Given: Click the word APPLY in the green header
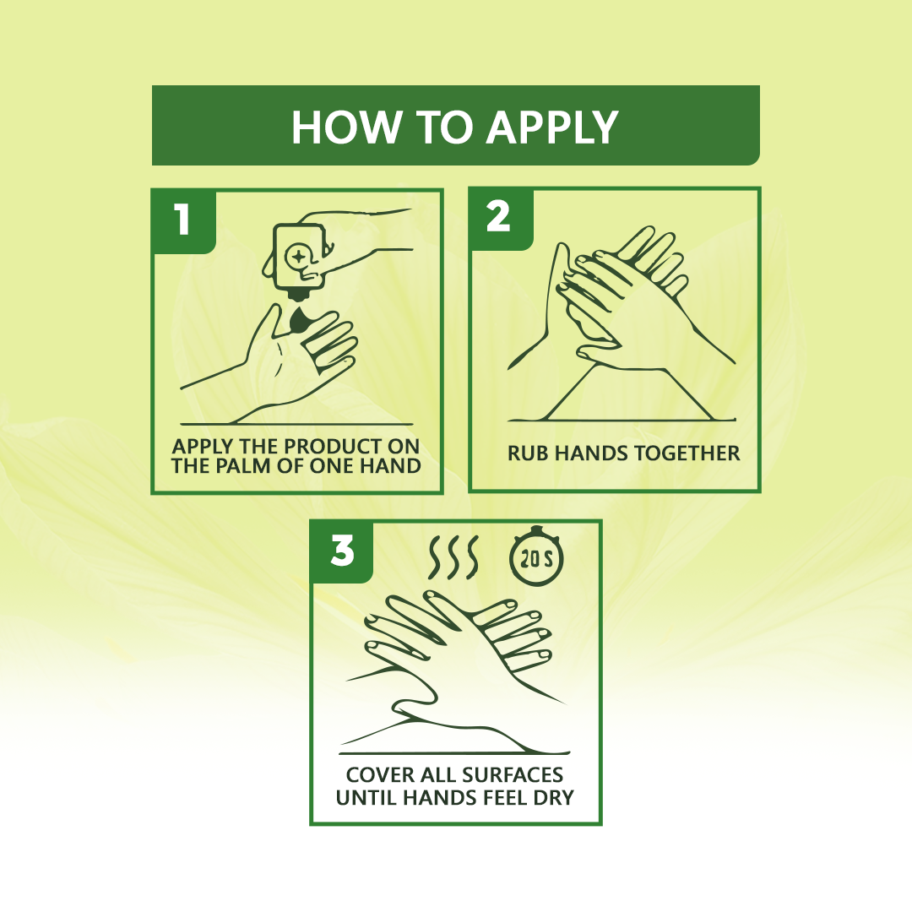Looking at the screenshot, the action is (552, 128).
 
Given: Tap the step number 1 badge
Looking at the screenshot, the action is (183, 220).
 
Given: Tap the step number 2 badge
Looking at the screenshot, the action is (500, 218).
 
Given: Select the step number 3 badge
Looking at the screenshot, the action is (341, 551).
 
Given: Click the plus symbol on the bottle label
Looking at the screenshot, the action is (298, 256).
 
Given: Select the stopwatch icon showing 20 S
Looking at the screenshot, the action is (536, 556).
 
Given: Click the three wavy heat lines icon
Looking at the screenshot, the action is (453, 556).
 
